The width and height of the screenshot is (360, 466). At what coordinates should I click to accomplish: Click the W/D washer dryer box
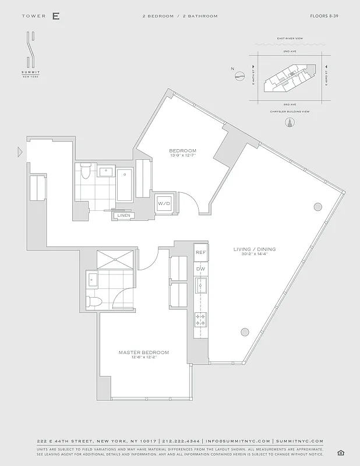[x=164, y=204]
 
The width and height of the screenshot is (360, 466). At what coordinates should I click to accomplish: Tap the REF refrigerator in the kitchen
[x=201, y=252]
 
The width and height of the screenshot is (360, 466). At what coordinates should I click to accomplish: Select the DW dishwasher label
[x=201, y=269]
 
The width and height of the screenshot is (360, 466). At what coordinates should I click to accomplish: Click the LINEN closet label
[x=123, y=216]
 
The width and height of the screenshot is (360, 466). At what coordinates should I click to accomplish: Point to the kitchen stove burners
[x=201, y=319]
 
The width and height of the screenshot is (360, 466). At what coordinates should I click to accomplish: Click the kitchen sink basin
[x=201, y=285]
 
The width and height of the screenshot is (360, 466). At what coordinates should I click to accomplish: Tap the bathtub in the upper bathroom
[x=125, y=185]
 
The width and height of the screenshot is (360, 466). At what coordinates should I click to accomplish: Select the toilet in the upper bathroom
[x=86, y=172]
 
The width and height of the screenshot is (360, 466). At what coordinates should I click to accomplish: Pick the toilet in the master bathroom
[x=94, y=301]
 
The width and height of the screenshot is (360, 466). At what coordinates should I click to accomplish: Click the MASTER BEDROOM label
[x=144, y=352]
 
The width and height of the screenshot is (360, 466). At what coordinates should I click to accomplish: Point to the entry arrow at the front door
[x=20, y=153]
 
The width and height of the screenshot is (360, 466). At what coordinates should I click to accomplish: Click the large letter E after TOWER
[x=56, y=16]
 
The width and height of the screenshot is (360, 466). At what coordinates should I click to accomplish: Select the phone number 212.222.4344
[x=181, y=442]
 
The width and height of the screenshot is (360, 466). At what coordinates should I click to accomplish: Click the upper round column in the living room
[x=317, y=206]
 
